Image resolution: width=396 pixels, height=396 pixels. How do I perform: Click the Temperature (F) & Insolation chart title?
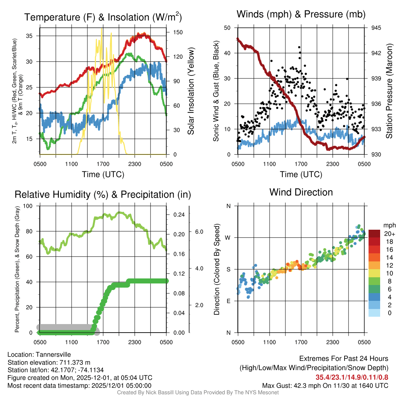point(103,17)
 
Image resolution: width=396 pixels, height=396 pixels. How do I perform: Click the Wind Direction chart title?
point(301,192)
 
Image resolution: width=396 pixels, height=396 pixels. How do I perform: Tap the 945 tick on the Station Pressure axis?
point(376,28)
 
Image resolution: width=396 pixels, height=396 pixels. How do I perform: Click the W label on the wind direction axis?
point(229,237)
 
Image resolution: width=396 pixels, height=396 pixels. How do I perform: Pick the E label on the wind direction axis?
point(229,301)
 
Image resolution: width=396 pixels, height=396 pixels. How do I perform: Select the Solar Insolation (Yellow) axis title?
point(191,91)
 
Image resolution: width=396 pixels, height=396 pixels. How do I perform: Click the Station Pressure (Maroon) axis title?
point(389,91)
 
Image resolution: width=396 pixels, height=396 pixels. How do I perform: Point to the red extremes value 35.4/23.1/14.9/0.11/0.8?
point(352,377)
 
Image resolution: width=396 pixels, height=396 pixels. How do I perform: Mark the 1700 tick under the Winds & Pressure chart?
point(300,164)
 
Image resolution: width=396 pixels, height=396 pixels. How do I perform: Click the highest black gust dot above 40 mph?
point(299,48)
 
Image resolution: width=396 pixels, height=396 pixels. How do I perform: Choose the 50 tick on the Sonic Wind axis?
point(227,28)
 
